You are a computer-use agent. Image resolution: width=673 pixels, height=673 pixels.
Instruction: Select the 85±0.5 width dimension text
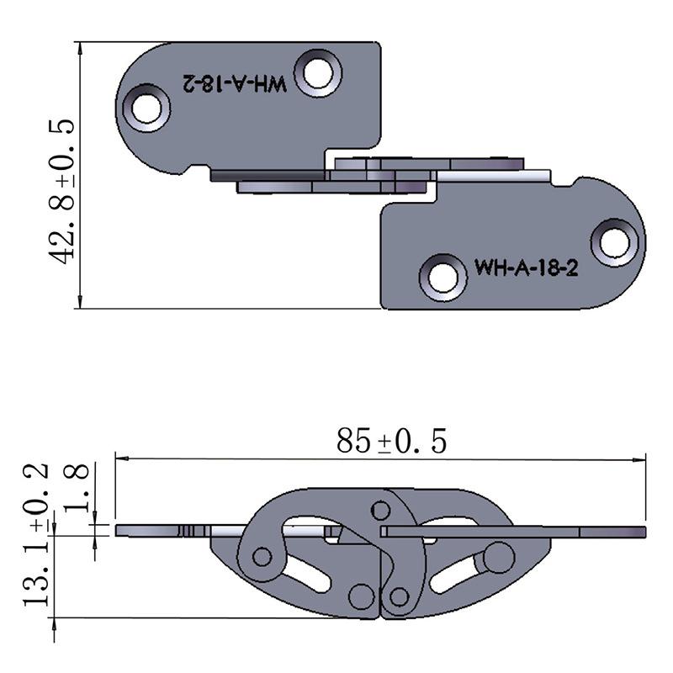[391, 440]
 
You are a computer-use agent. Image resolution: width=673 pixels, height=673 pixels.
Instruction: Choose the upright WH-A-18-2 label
[525, 268]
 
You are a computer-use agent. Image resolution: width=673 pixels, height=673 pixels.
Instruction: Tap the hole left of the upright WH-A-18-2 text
[442, 276]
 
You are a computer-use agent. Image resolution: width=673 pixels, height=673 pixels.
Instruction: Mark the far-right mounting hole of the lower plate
[615, 241]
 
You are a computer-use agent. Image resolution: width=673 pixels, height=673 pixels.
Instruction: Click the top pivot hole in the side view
[380, 511]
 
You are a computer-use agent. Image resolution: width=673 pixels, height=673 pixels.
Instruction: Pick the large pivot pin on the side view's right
[499, 557]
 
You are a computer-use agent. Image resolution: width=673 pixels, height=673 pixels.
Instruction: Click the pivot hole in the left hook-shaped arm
[262, 556]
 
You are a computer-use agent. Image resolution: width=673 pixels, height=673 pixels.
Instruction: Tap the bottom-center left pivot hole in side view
[362, 596]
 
